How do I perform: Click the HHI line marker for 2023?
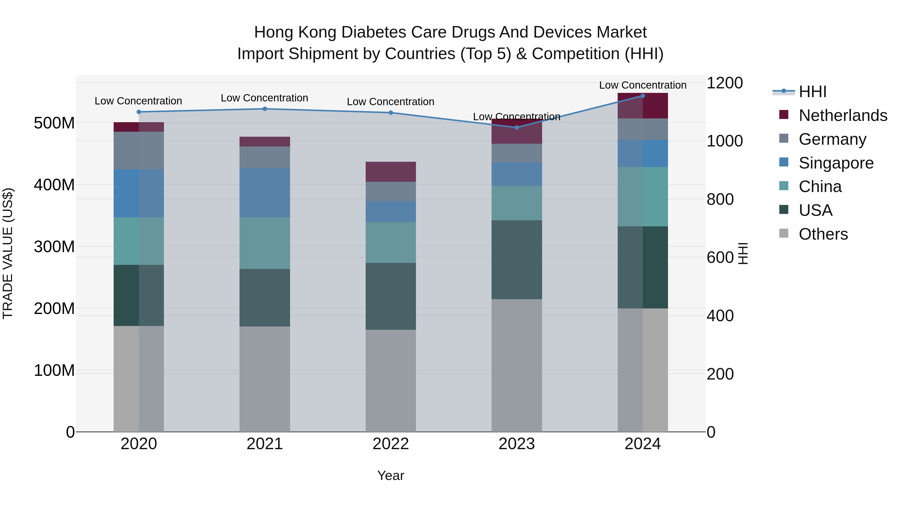click(x=517, y=127)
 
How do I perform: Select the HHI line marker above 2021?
click(x=265, y=109)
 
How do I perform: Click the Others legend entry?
click(x=823, y=234)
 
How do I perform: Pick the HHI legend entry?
click(x=812, y=92)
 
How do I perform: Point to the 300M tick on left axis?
click(x=54, y=247)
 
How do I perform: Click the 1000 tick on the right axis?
click(x=724, y=141)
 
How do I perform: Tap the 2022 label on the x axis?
click(x=391, y=444)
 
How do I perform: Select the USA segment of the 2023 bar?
click(x=517, y=260)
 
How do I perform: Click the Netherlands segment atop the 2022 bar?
click(x=391, y=172)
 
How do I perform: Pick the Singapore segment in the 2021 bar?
click(x=265, y=193)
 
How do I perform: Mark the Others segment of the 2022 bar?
click(x=391, y=381)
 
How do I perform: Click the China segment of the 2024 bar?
click(x=642, y=197)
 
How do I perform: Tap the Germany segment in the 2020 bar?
click(x=139, y=150)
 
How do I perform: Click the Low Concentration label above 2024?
click(x=642, y=85)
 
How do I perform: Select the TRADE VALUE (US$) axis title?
click(x=8, y=253)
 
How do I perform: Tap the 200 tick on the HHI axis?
click(x=720, y=374)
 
